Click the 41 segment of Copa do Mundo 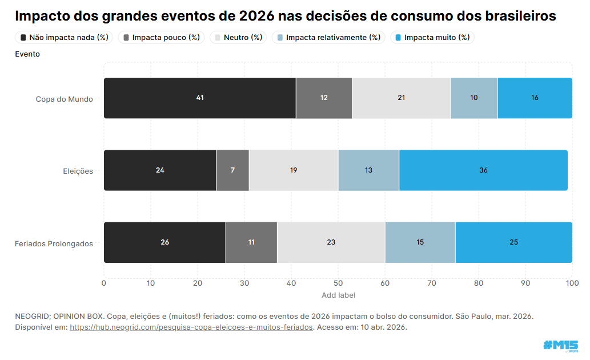(x=200, y=98)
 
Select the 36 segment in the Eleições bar (x=483, y=170)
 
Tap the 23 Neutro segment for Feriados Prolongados (x=331, y=242)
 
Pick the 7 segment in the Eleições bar (x=232, y=170)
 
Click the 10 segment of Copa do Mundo (x=474, y=98)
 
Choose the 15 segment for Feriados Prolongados (x=420, y=242)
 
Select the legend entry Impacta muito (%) (x=432, y=38)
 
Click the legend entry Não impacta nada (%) (x=64, y=38)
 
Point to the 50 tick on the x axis (x=338, y=283)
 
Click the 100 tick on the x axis (x=572, y=283)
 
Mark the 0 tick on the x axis (x=104, y=283)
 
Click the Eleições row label (x=78, y=171)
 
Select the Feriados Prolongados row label (x=54, y=243)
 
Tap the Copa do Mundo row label (x=64, y=99)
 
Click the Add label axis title (x=338, y=295)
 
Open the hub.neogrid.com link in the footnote (x=191, y=327)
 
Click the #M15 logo (x=560, y=345)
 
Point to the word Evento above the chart (x=27, y=54)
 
